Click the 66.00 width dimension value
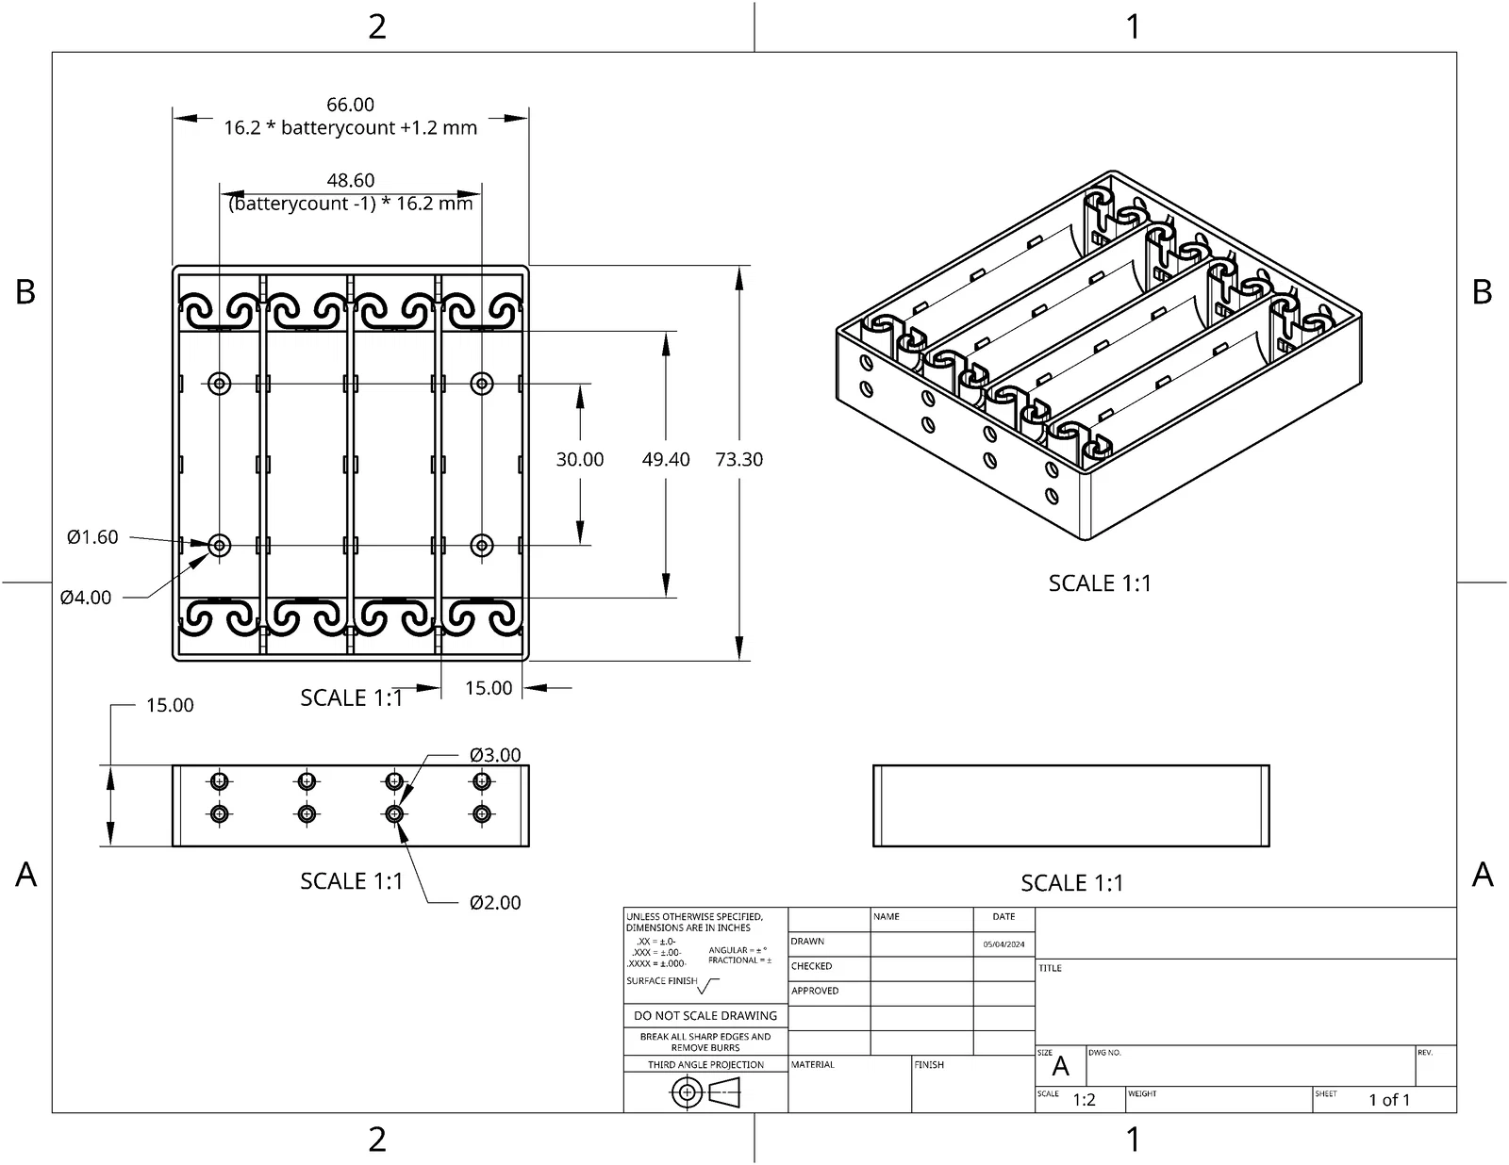(x=350, y=105)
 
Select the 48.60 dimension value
(x=350, y=180)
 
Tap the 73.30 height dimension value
(x=738, y=459)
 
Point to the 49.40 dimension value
(x=665, y=459)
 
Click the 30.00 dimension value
(x=580, y=459)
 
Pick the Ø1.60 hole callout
(x=92, y=537)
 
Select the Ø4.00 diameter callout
(x=86, y=598)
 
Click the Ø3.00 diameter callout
(x=495, y=755)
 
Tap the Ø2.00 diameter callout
(x=495, y=903)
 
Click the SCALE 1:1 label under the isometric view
(x=1100, y=583)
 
